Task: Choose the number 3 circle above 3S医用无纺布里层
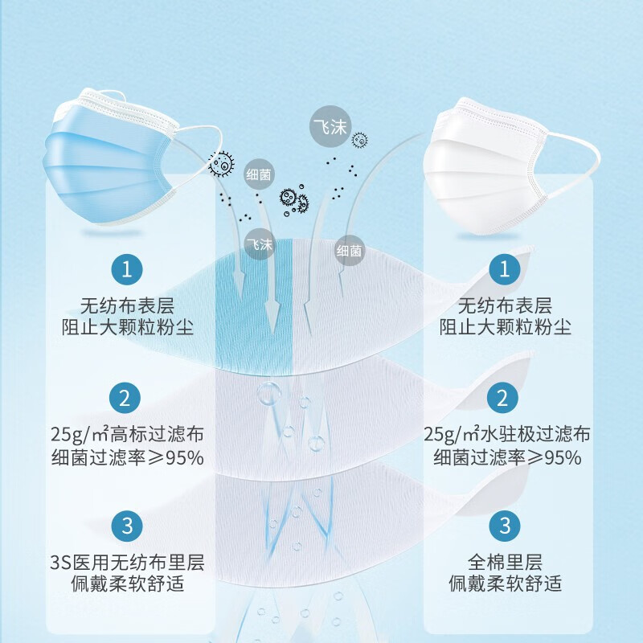coord(126,526)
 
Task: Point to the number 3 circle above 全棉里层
coord(504,526)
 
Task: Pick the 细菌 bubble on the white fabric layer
coord(350,251)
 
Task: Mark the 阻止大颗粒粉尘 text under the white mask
coord(505,328)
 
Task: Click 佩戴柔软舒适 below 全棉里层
coord(505,584)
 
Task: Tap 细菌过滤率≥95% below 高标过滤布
coord(126,457)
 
